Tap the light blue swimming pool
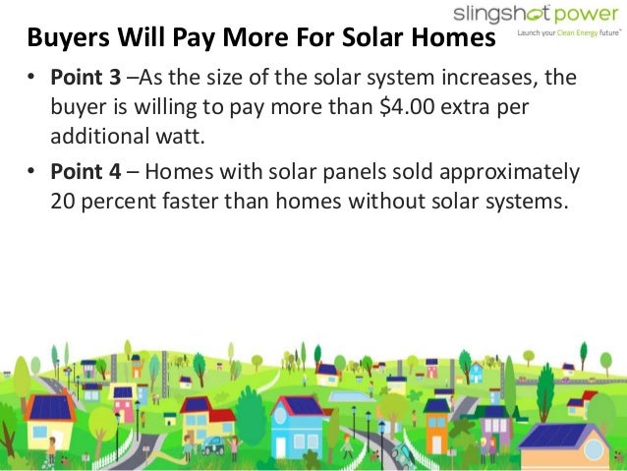[x=349, y=394]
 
